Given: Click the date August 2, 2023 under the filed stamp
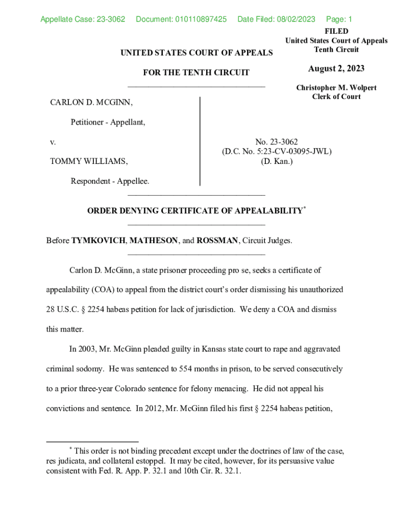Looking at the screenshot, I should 336,69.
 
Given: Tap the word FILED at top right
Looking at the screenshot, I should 336,32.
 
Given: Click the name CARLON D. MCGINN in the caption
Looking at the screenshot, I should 91,103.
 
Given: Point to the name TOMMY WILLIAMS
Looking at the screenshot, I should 89,161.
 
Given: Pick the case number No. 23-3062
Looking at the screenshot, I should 277,142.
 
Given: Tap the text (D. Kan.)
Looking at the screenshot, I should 277,161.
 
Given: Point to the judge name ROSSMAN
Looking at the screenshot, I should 217,241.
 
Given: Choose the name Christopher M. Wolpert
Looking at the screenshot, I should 336,88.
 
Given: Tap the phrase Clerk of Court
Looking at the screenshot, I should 336,97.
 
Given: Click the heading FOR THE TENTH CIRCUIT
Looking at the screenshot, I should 196,73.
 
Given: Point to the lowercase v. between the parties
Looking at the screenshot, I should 53,142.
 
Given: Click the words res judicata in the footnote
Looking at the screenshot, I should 70,461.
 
